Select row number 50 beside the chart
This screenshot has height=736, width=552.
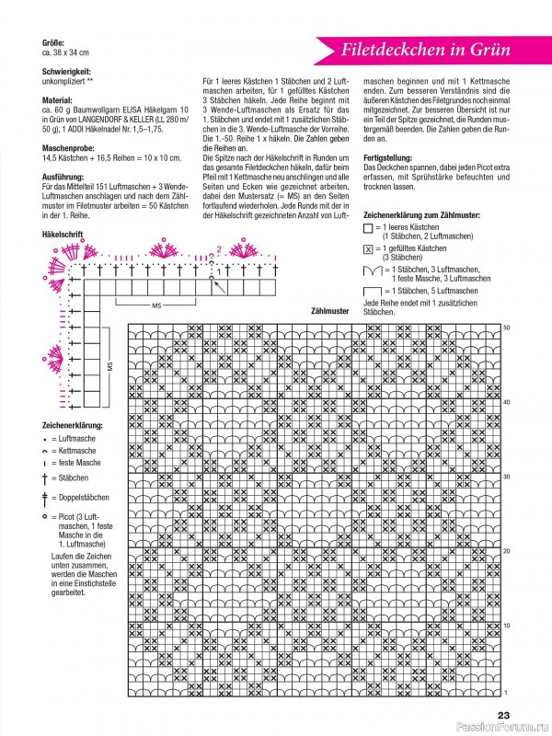coord(506,328)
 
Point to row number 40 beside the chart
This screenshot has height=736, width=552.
coord(506,402)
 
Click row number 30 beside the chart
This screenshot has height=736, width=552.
coord(506,477)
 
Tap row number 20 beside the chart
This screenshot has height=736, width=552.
coord(506,551)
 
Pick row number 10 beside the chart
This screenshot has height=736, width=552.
coord(506,626)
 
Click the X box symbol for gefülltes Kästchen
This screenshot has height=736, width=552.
coord(369,249)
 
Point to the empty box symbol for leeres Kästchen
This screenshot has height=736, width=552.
coord(369,226)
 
